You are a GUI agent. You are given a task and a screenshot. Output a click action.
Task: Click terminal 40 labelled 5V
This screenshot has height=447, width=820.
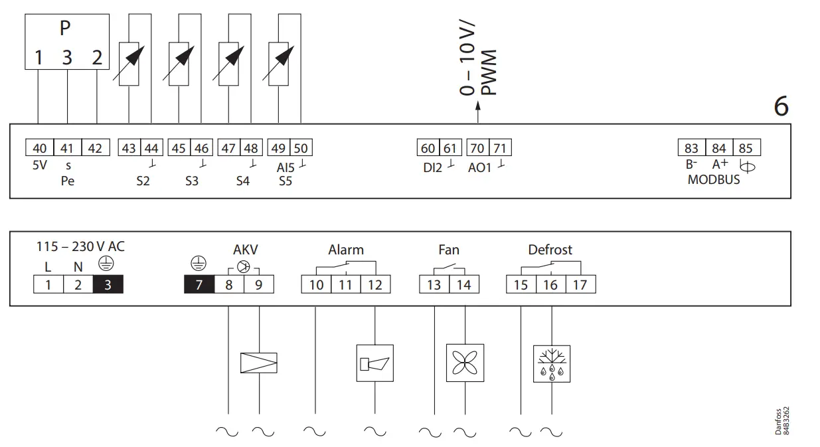point(39,147)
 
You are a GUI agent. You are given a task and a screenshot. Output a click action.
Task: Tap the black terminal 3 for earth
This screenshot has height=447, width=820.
point(108,285)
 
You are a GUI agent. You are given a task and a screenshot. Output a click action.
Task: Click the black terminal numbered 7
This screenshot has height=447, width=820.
point(199,285)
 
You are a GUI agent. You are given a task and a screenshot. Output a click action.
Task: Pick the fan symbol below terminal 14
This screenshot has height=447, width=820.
point(463,362)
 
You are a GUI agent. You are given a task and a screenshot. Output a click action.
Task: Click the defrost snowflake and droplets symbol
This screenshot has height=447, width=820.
point(552,363)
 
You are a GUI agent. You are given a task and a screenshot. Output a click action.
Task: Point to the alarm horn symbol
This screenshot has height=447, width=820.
point(375,363)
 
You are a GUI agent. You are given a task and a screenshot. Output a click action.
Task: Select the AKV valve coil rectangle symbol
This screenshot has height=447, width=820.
point(258,362)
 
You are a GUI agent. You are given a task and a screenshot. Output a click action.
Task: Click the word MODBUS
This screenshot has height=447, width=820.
point(713,179)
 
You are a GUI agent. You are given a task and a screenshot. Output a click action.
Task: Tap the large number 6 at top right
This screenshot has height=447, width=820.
point(781,106)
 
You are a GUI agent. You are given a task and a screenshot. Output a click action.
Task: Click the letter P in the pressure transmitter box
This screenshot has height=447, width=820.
point(65,29)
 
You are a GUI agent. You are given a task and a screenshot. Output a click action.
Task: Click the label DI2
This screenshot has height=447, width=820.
point(432,167)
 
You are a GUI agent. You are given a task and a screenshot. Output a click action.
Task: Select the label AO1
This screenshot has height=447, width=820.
point(479,167)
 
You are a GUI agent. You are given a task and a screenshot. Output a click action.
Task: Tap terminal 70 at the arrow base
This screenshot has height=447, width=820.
point(477,148)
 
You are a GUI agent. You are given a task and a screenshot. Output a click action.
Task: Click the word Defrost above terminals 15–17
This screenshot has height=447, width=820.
point(550,250)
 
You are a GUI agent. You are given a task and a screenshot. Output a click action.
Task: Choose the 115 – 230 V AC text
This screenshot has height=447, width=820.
point(80,246)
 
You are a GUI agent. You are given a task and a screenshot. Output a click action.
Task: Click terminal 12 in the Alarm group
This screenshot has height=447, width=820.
point(375,285)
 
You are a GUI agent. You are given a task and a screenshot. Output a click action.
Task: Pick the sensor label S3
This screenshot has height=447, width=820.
point(192,181)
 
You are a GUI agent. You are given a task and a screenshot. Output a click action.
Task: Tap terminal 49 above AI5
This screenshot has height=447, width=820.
point(279,148)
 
